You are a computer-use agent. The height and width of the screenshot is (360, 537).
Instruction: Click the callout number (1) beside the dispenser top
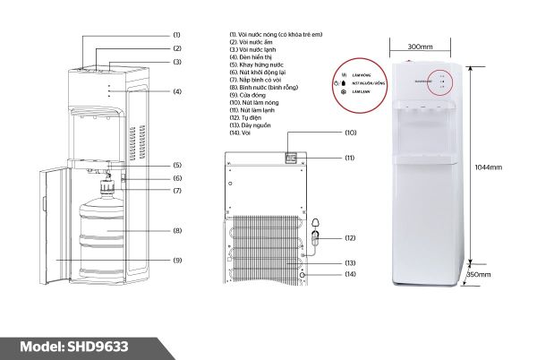(x=177, y=33)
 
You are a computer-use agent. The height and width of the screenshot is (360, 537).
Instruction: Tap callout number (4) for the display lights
(x=177, y=91)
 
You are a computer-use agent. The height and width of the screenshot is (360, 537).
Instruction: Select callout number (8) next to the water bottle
(x=177, y=230)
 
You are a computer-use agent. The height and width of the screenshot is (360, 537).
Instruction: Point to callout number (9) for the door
(x=177, y=261)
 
